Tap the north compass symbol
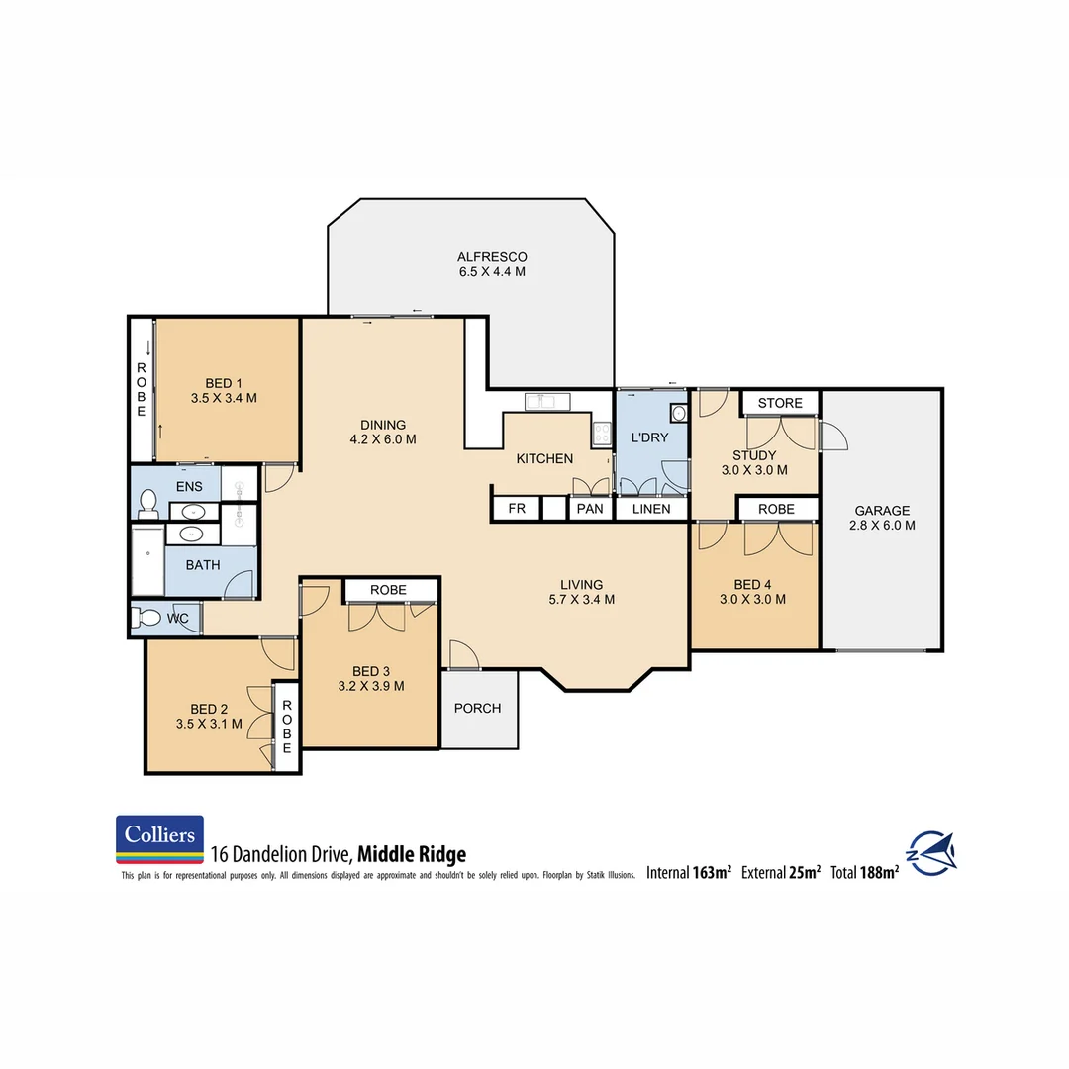(931, 853)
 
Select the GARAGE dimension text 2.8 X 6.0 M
(881, 526)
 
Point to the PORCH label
(477, 708)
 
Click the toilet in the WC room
(148, 618)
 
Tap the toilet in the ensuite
(147, 504)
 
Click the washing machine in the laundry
(677, 414)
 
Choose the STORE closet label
(780, 403)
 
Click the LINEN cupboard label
(651, 509)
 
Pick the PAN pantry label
(590, 509)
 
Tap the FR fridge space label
(516, 509)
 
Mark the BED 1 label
(224, 383)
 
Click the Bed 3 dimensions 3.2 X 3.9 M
(370, 685)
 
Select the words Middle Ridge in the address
(411, 854)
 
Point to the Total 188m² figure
(865, 872)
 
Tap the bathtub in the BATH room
(146, 560)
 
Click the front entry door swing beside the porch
(463, 655)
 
